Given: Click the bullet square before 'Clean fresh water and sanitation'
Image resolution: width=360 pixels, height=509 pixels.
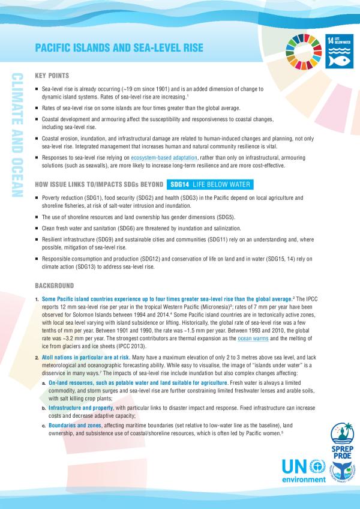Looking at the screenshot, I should pos(37,229).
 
